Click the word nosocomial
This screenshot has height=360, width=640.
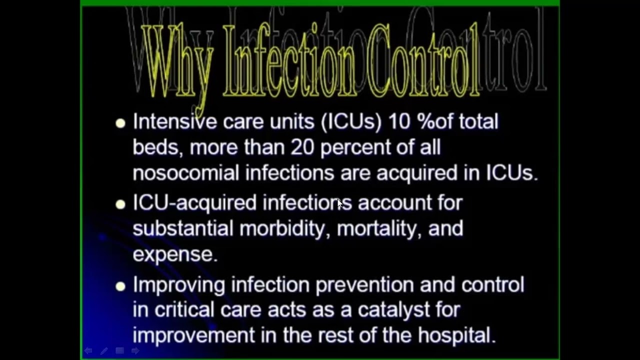coord(185,173)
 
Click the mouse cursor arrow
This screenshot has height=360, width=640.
coord(340,203)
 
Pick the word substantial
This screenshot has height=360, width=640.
coord(182,228)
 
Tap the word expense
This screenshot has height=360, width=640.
coord(174,254)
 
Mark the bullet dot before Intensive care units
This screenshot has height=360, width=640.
coord(120,123)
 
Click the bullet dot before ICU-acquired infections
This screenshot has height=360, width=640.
coord(120,204)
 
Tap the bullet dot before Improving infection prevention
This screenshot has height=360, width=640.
coord(120,286)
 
